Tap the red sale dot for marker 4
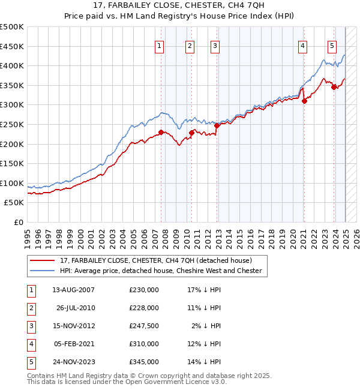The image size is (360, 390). tap(304, 101)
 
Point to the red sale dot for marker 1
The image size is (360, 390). tap(161, 132)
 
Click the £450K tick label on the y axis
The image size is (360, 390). tap(13, 46)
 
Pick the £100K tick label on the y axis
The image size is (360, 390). tap(13, 183)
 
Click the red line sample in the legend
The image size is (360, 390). tap(42, 260)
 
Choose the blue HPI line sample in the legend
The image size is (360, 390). tap(42, 271)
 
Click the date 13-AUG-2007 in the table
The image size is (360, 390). tap(73, 290)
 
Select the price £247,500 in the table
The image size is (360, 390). tap(144, 326)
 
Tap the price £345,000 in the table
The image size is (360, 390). tap(144, 362)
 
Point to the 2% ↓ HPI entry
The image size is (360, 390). tap(207, 326)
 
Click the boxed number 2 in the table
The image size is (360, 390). tap(31, 308)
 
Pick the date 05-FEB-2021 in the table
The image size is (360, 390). tap(73, 344)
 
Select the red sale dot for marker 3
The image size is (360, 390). tap(217, 125)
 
